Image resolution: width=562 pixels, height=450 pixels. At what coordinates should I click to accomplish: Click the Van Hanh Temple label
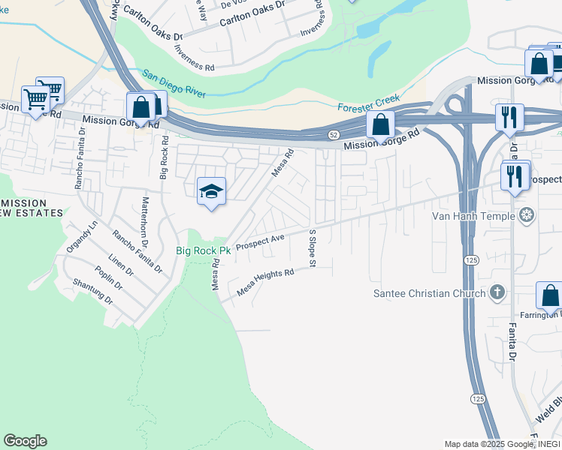coord(473,216)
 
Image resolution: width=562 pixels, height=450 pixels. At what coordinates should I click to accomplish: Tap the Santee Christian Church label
coord(430,293)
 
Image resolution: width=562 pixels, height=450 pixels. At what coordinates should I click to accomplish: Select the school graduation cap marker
coord(212,193)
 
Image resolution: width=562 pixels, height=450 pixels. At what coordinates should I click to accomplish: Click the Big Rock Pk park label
coord(203,250)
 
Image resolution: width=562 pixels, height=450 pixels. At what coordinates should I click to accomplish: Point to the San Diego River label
coord(174,85)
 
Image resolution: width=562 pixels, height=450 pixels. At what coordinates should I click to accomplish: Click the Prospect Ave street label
coord(260,242)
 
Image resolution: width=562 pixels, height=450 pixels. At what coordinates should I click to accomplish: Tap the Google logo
coord(25,441)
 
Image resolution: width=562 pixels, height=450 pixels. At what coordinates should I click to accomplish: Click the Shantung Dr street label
coord(92,291)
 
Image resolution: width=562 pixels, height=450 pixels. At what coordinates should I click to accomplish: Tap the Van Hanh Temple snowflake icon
coord(527,216)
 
